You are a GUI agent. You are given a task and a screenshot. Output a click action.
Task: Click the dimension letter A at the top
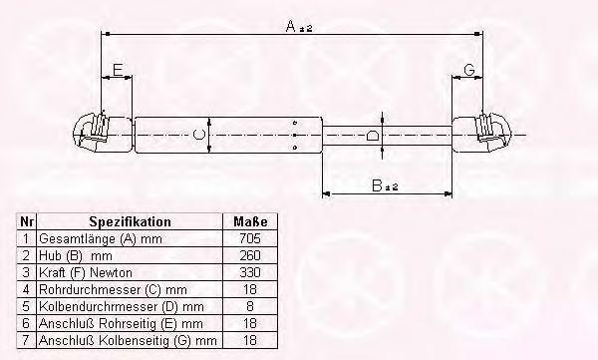click(291, 26)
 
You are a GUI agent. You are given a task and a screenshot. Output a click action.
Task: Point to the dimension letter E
click(118, 70)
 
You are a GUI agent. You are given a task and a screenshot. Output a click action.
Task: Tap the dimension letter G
click(469, 70)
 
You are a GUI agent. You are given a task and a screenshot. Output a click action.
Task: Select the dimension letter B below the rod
click(377, 185)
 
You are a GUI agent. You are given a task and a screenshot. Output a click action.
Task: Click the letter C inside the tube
click(199, 135)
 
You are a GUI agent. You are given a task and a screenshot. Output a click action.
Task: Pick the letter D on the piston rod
click(372, 136)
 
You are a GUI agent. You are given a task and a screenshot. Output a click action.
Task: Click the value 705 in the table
click(250, 238)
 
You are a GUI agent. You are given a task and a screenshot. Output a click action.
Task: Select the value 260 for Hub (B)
click(250, 255)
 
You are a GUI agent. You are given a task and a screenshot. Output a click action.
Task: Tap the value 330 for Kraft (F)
click(250, 272)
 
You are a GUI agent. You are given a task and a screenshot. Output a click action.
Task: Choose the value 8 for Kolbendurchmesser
click(250, 306)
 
